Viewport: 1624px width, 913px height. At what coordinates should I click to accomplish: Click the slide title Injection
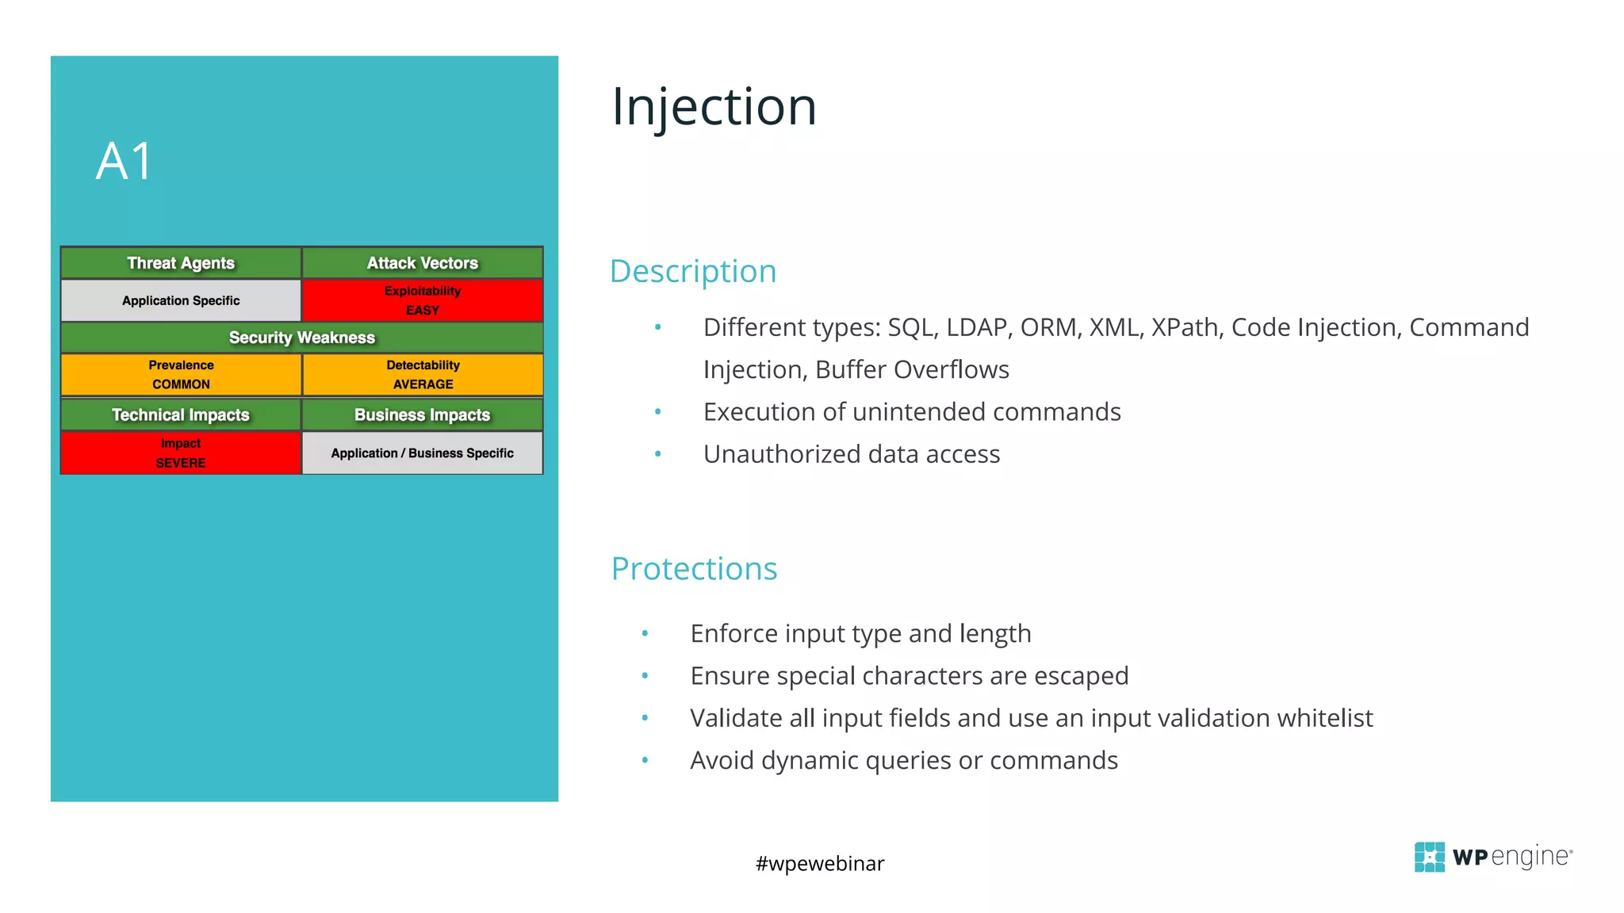[714, 107]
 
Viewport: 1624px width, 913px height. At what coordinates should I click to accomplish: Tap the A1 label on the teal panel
[124, 162]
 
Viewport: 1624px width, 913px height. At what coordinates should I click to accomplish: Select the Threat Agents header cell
[181, 263]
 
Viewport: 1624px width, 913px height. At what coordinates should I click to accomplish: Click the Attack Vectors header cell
[423, 263]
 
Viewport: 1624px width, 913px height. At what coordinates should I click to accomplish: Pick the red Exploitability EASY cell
[423, 300]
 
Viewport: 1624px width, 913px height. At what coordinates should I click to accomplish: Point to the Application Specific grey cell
[181, 300]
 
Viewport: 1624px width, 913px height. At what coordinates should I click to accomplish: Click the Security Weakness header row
[302, 338]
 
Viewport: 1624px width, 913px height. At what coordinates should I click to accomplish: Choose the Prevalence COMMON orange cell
[181, 374]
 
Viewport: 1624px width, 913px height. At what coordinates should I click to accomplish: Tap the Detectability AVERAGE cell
[423, 374]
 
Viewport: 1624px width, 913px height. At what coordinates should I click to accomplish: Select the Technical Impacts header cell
[181, 414]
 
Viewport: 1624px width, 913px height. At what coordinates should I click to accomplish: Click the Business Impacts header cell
[423, 414]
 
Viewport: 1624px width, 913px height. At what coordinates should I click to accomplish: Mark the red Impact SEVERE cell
[181, 453]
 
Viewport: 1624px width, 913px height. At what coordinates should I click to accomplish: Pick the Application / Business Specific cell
[423, 453]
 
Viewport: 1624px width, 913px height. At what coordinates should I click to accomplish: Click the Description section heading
[693, 271]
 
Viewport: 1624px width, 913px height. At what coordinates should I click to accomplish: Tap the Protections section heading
[694, 568]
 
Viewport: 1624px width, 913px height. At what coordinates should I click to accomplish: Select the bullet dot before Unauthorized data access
[657, 454]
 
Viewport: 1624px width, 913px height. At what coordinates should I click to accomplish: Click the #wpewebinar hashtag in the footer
[820, 863]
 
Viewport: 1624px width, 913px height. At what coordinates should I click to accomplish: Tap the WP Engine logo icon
[1429, 857]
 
